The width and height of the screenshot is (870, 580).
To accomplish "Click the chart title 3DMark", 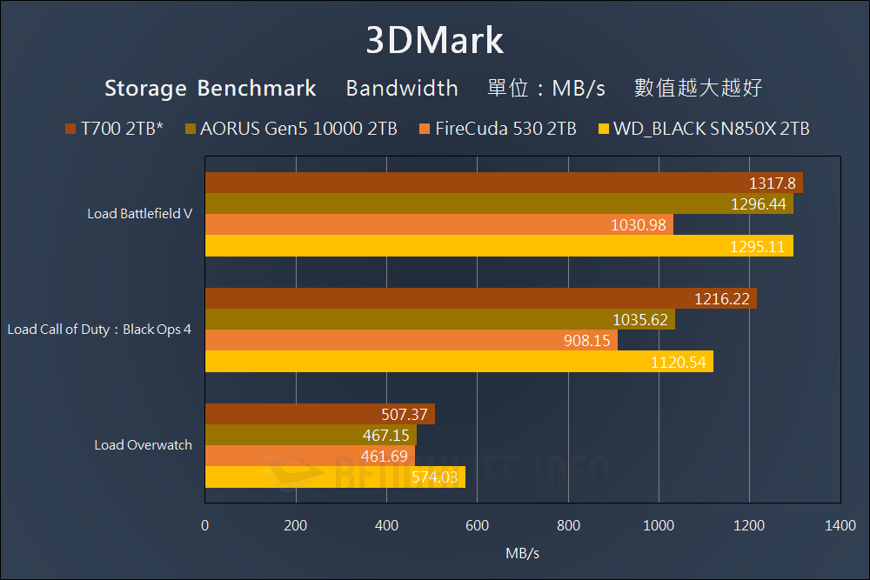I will coord(434,40).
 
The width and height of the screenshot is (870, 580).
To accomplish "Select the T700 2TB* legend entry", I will coord(115,129).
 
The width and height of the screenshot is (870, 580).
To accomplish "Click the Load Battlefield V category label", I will coord(139,214).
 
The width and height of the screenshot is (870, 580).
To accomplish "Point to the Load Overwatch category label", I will coord(143,445).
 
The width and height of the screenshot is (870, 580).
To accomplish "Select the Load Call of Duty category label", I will coord(99,330).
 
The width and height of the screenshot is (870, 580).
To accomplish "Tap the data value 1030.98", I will coord(639,225).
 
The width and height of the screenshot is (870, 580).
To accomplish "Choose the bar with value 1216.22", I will coord(480,298).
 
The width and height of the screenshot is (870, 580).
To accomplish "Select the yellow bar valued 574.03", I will coord(335,477).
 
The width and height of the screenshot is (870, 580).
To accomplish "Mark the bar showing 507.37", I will coord(319,414).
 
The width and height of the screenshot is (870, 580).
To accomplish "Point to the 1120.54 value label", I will coord(678,362).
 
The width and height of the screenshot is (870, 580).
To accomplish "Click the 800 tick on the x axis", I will coord(568,525).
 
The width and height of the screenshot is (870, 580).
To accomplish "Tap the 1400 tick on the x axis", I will coord(840,525).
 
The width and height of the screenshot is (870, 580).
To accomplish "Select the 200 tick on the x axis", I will coord(296,525).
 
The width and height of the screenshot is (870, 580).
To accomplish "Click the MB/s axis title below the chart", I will coord(522,552).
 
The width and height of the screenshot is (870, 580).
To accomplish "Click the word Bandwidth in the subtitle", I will coord(402,88).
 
